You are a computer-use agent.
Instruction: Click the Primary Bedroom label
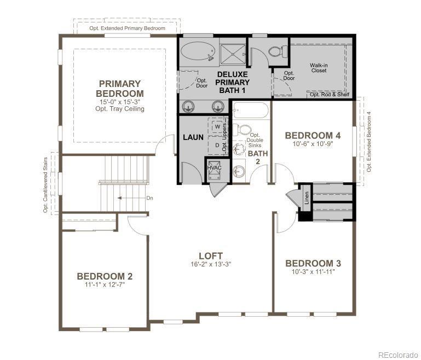tap(120, 89)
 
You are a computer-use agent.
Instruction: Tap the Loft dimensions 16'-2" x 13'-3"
tap(211, 264)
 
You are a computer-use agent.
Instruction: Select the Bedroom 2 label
tap(105, 276)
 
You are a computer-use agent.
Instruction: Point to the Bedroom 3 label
tap(313, 263)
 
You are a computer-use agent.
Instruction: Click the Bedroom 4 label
tap(313, 136)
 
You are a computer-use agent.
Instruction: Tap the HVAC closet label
tap(215, 167)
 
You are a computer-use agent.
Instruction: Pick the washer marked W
tap(218, 126)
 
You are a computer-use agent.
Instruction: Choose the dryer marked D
tap(217, 145)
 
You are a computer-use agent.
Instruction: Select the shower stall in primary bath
tap(233, 54)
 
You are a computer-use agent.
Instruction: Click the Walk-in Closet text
tap(319, 68)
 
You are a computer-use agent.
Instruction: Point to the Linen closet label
tap(307, 198)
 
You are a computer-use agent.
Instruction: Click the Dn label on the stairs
tap(149, 198)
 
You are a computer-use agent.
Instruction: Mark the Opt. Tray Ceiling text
tap(120, 109)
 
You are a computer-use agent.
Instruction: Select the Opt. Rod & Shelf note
tap(330, 95)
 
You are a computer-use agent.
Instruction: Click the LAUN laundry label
tap(193, 137)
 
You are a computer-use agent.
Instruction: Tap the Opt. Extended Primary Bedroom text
tap(127, 28)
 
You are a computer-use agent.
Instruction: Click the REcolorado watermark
tap(398, 355)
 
